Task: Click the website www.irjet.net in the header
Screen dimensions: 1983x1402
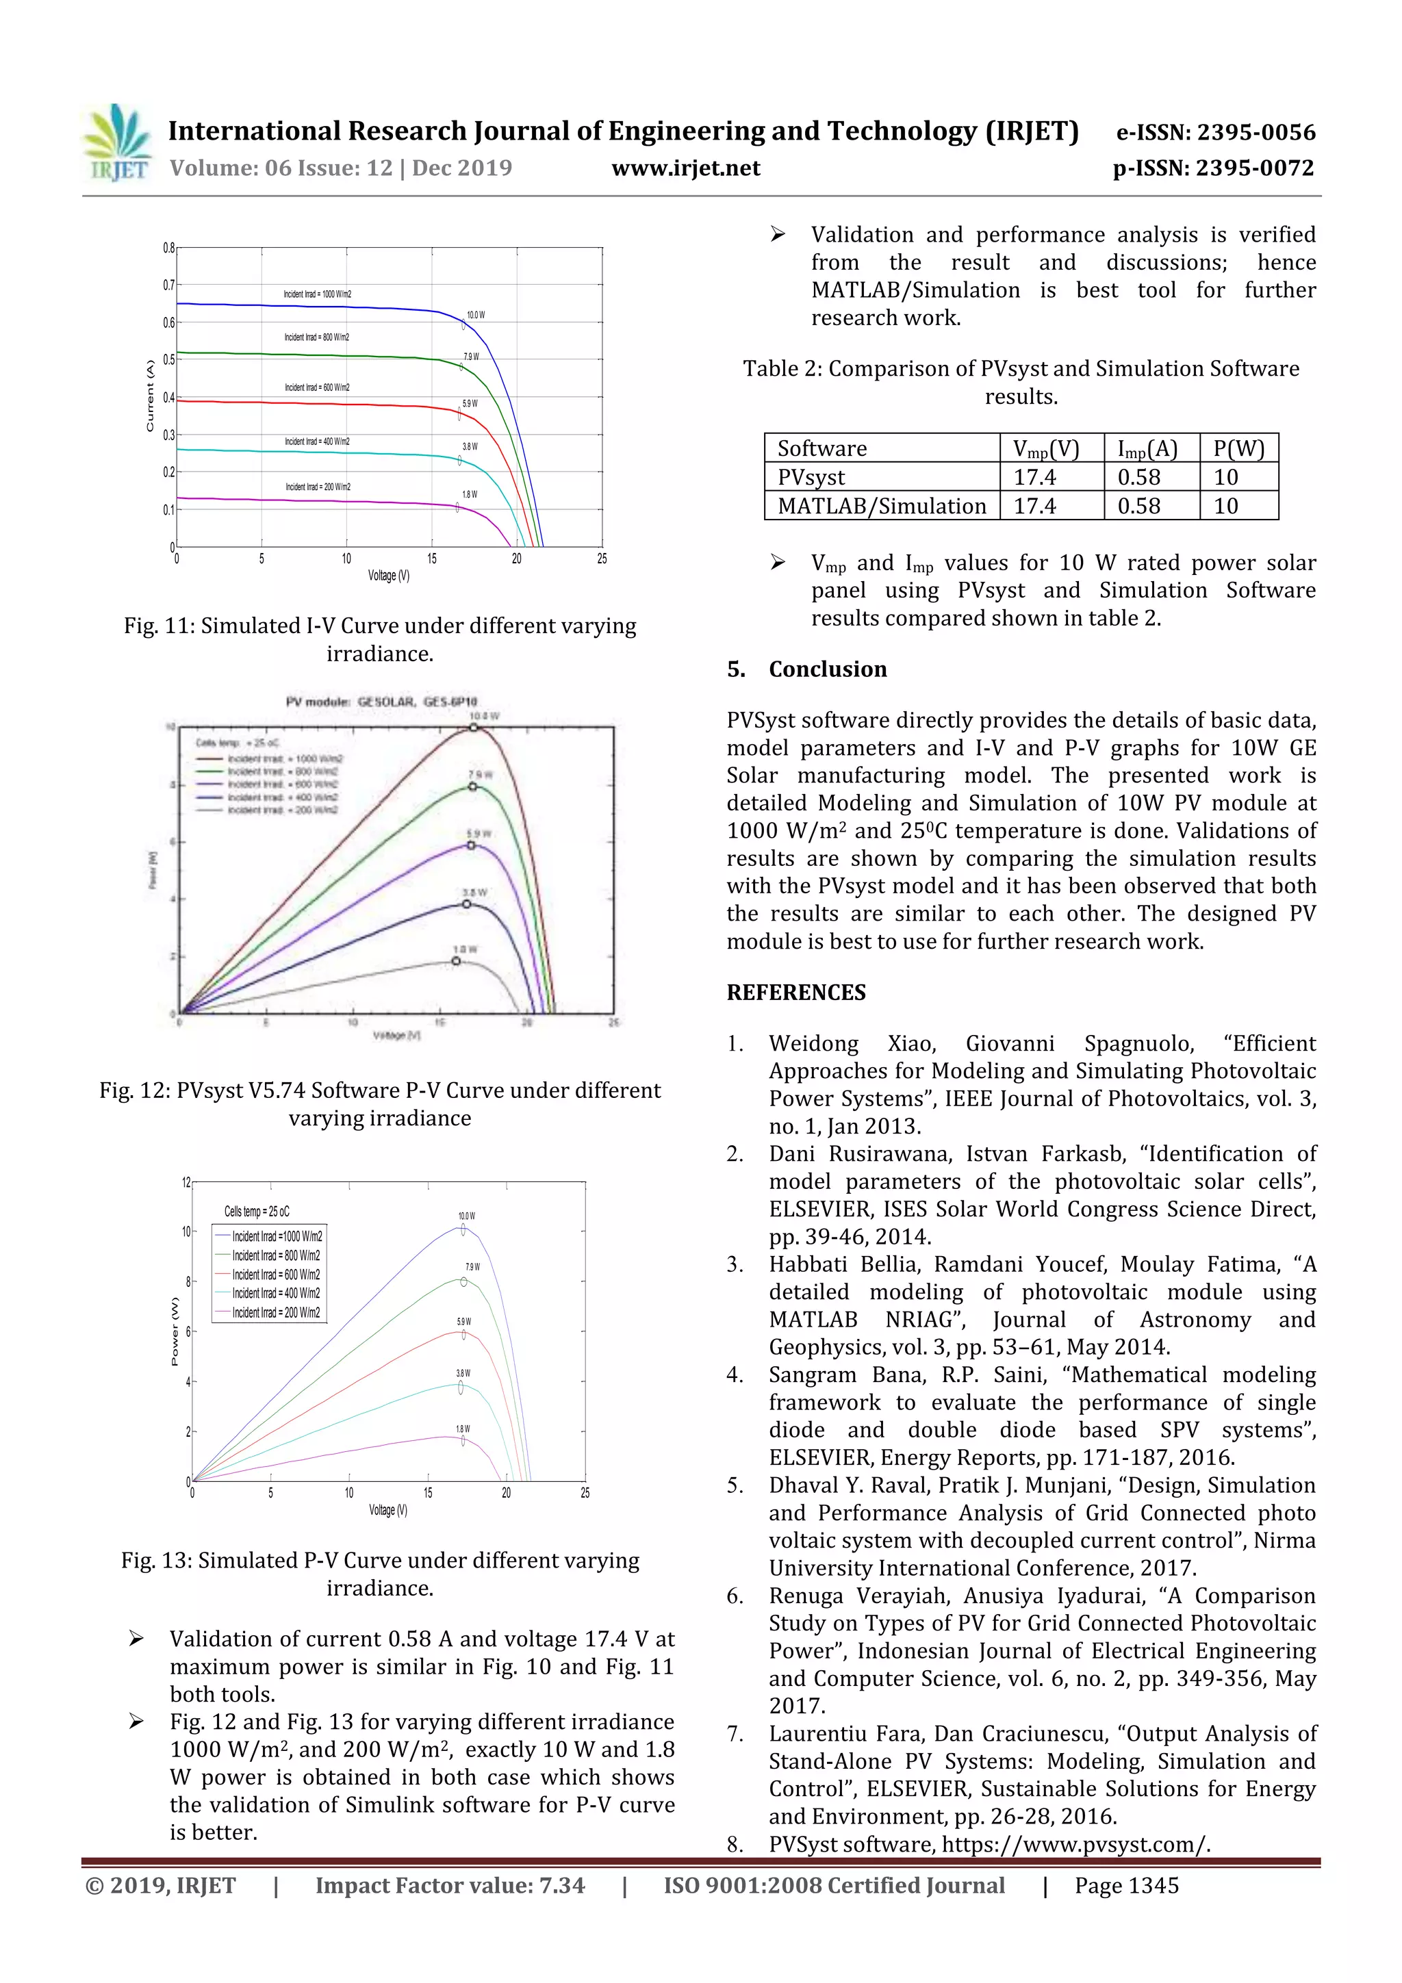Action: pyautogui.click(x=685, y=168)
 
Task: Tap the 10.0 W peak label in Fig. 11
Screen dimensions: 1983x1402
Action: pyautogui.click(x=475, y=316)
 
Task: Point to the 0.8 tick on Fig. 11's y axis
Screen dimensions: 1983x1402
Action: pyautogui.click(x=168, y=248)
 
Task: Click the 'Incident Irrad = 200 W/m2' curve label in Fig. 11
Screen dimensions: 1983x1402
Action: pyautogui.click(x=318, y=487)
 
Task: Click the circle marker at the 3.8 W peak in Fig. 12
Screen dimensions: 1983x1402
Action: pyautogui.click(x=466, y=904)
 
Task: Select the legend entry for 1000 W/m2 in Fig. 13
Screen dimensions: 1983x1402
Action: pyautogui.click(x=277, y=1236)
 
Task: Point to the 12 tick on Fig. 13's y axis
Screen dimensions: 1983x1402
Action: pyautogui.click(x=186, y=1182)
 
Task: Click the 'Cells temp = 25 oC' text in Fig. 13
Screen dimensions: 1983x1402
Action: pyautogui.click(x=257, y=1211)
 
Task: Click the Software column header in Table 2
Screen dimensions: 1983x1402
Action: pyautogui.click(x=821, y=448)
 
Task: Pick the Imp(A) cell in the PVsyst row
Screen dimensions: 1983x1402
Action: pyautogui.click(x=1138, y=476)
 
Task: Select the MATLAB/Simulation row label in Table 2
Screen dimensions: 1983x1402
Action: pyautogui.click(x=881, y=506)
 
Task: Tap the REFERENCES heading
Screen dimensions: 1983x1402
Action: pyautogui.click(x=795, y=993)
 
